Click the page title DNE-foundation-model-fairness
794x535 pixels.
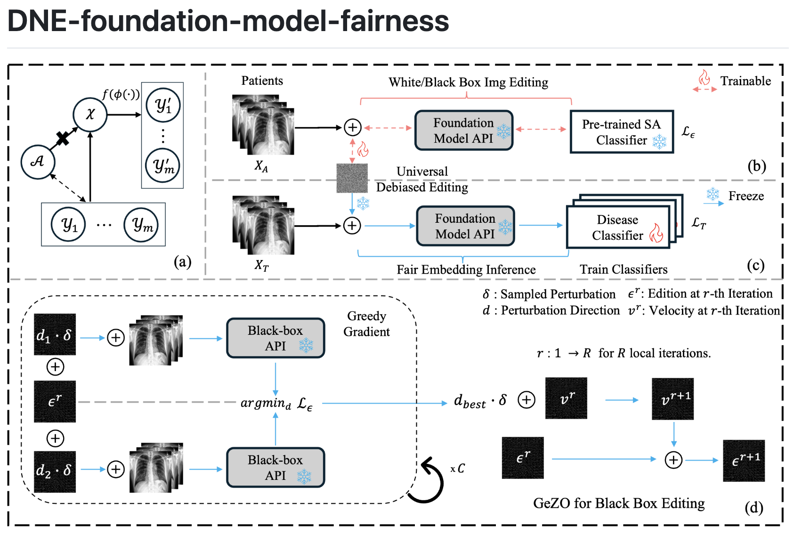pos(228,22)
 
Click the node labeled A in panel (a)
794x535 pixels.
pos(38,162)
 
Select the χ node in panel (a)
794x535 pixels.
pos(90,114)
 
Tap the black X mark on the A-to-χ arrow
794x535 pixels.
pos(63,138)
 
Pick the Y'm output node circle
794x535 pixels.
pos(162,165)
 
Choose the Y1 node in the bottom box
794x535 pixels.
pos(69,225)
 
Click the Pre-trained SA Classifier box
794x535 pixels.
pos(622,132)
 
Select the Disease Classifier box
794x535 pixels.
pos(618,227)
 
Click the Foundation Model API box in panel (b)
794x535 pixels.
pos(464,130)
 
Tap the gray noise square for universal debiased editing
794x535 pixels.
pos(352,178)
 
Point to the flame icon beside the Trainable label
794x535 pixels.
pos(704,77)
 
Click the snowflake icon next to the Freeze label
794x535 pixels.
pos(713,194)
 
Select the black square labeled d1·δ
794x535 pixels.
pos(55,335)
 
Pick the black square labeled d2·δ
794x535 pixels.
pos(55,471)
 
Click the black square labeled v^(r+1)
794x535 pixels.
pos(672,399)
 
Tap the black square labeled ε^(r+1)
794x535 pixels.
pos(744,461)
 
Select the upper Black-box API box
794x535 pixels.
pos(275,338)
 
